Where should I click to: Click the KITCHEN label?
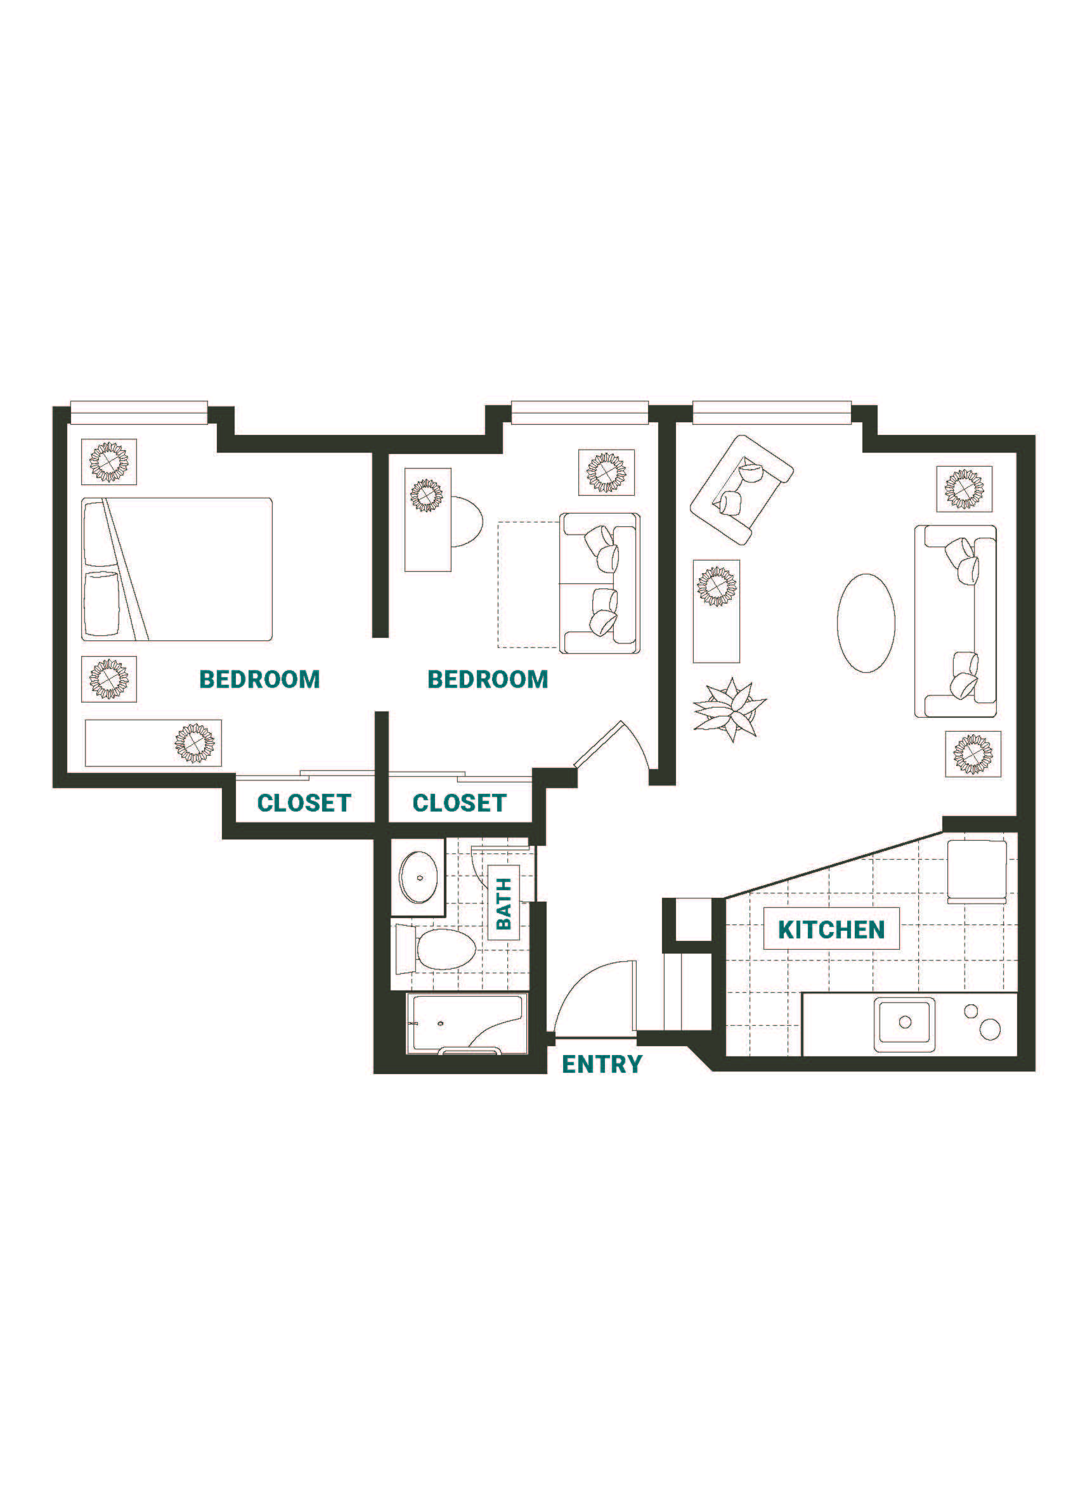pos(831,930)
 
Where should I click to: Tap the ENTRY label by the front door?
pos(602,1064)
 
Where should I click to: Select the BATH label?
pos(503,904)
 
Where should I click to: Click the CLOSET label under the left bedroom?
pos(304,802)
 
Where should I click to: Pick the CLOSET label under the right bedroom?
pos(459,802)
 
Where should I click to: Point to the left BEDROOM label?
pos(259,678)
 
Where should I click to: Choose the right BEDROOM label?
pos(488,678)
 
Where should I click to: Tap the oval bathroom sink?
pos(419,877)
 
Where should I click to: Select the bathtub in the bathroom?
pos(465,1023)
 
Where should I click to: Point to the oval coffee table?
pos(865,623)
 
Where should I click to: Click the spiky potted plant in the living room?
pos(730,709)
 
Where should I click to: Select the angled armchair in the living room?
pos(742,489)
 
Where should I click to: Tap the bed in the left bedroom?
pos(177,569)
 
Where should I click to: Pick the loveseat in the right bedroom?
pos(600,583)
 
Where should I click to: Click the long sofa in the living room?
pos(955,621)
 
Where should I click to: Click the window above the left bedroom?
pos(139,413)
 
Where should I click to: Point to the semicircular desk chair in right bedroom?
pos(467,522)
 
